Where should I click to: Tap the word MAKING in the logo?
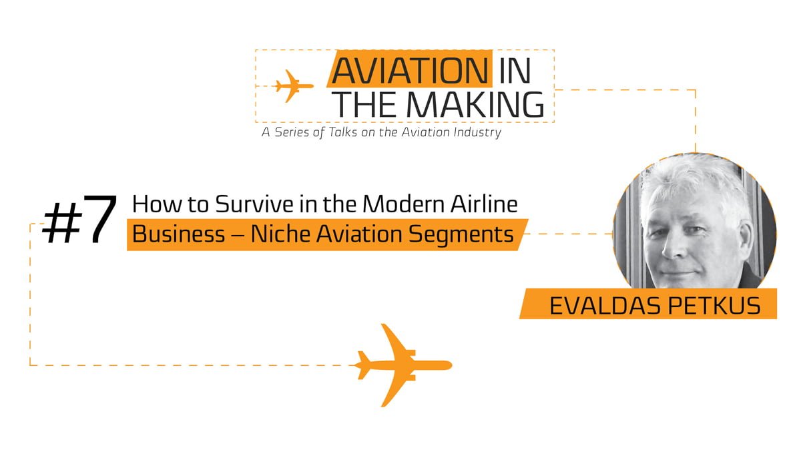point(475,104)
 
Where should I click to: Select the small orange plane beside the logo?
point(294,86)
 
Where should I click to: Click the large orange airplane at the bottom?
point(403,365)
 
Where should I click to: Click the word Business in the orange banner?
point(178,234)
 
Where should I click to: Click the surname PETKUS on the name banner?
point(714,306)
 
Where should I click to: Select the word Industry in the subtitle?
point(477,133)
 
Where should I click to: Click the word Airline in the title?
point(484,204)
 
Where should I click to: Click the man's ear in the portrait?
point(746,240)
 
